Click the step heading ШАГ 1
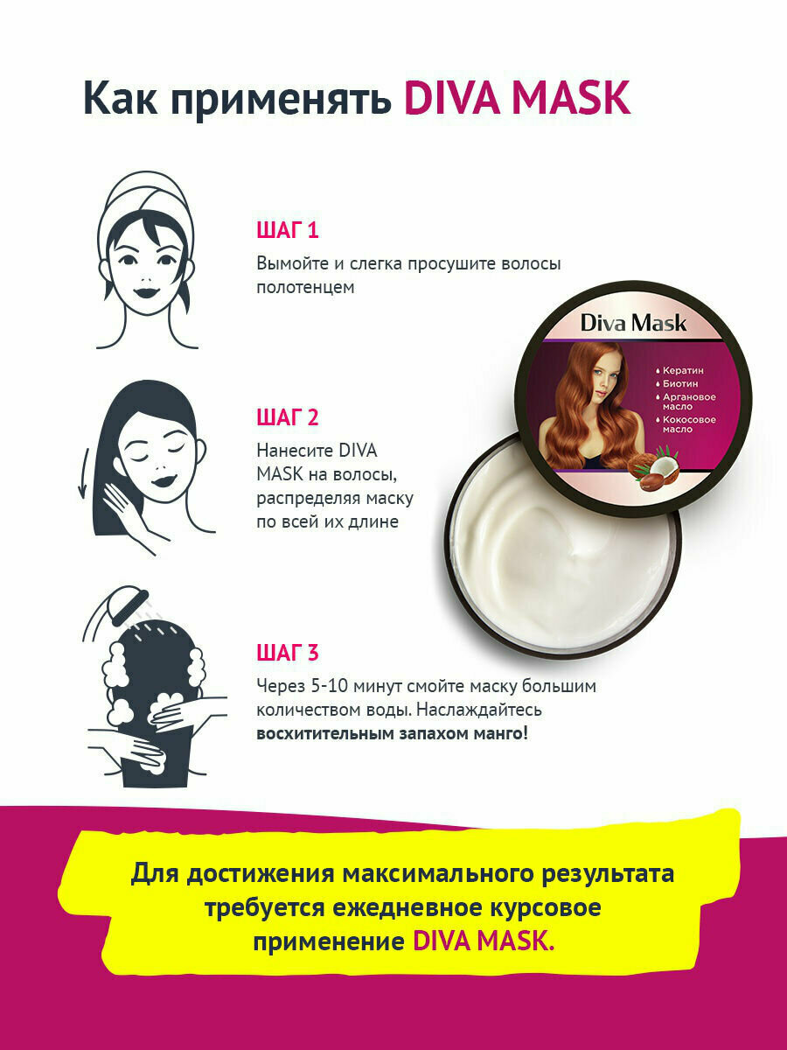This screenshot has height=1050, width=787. pos(287,230)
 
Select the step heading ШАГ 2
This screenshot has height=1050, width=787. pos(287,417)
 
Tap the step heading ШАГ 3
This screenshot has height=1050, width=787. pos(287,653)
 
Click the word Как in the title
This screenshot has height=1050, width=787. pos(120,98)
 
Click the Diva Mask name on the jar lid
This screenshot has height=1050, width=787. pos(633,324)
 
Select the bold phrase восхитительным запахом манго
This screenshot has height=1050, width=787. pos(392,733)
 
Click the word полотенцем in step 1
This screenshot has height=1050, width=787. pos(305,288)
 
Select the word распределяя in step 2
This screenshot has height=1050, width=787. pos(307,499)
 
